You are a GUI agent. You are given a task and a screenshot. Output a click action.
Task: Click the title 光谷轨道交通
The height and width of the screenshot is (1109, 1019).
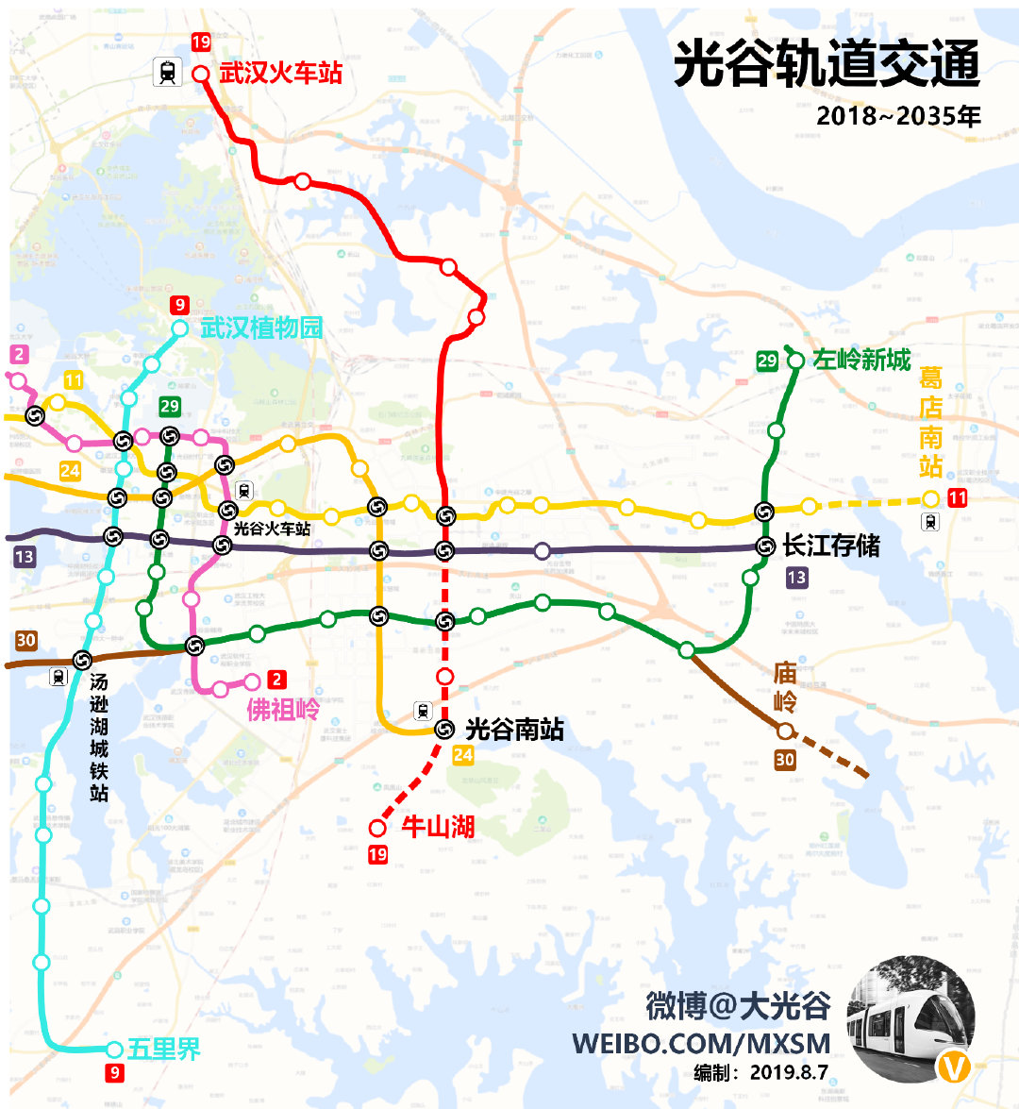click(827, 65)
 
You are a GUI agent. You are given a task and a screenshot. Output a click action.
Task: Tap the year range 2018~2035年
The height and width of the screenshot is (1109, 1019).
click(898, 116)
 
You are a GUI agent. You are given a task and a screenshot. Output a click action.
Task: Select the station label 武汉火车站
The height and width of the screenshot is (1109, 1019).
click(280, 74)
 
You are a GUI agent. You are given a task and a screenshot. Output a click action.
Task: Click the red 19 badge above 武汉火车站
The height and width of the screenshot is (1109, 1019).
click(201, 42)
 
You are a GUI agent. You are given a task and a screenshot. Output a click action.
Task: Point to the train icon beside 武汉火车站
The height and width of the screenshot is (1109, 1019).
click(168, 72)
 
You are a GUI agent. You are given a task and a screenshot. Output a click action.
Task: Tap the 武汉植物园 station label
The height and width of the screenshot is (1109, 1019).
click(261, 328)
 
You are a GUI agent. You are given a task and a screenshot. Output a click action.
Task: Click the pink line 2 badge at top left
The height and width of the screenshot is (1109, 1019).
click(18, 355)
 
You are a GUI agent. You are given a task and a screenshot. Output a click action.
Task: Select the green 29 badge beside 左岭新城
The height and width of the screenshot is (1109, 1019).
click(767, 360)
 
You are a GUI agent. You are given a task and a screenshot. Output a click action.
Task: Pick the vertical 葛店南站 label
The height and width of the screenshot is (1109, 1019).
click(931, 423)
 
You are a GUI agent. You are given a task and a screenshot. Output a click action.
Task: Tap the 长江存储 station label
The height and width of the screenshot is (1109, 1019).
click(831, 546)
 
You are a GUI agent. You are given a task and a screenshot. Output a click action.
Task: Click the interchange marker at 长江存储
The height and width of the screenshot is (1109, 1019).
click(766, 546)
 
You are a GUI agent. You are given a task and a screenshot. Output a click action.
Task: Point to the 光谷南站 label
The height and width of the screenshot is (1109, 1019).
click(514, 729)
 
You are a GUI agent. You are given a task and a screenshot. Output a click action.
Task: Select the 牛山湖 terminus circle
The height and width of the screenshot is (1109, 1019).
click(377, 828)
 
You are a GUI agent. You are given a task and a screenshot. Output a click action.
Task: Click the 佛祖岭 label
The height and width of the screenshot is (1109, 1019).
click(283, 709)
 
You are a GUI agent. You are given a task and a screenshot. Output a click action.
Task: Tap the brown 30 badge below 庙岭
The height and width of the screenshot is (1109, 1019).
click(784, 760)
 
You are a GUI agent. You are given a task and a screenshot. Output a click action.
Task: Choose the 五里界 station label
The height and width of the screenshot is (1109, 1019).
click(164, 1049)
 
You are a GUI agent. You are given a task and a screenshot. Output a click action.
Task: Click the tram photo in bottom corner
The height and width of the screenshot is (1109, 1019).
click(910, 1019)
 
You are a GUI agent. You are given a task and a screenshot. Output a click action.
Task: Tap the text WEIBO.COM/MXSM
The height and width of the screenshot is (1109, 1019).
click(701, 1044)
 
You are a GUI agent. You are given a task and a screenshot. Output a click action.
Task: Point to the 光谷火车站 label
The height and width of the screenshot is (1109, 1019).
click(272, 529)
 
